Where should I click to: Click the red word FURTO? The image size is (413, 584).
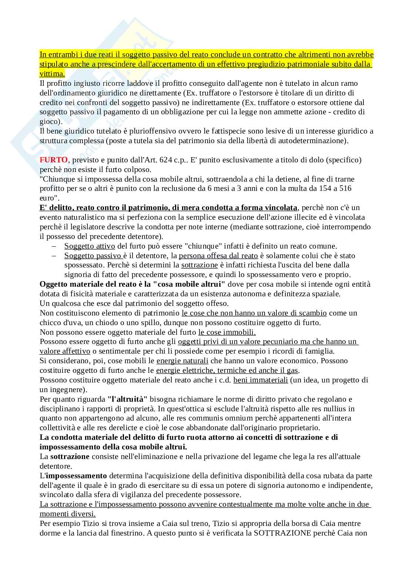[54, 160]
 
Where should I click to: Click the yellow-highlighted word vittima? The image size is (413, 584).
[52, 74]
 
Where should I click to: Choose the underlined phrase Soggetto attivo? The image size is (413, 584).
[90, 246]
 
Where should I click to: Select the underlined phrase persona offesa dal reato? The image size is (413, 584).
[218, 256]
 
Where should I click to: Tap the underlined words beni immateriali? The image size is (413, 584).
[261, 380]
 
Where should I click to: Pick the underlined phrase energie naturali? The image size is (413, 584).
[182, 361]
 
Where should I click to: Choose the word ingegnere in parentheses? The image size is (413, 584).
[70, 389]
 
